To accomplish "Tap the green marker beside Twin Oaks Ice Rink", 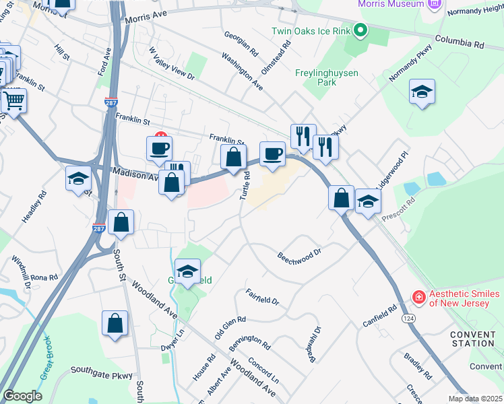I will (x=361, y=30).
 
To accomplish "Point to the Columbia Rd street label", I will (x=460, y=42).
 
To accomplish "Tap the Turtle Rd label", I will (x=246, y=184).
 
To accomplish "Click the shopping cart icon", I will (x=13, y=101).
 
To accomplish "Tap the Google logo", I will (x=22, y=396).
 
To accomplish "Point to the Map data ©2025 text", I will (x=475, y=399).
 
